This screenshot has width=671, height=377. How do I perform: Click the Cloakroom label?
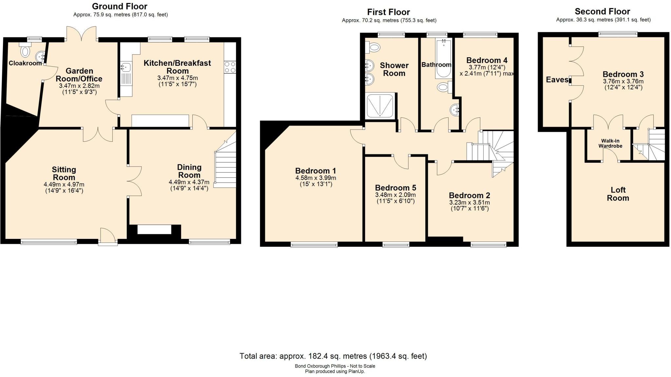[25, 63]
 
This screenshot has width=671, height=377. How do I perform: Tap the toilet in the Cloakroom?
[25, 50]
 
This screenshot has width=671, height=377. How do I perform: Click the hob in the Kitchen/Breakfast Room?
[230, 67]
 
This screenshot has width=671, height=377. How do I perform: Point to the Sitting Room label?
[64, 173]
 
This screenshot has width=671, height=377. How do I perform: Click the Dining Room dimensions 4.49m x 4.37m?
[189, 182]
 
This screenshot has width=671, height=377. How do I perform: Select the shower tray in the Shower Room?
[380, 105]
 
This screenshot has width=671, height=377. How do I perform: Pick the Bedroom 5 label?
[395, 188]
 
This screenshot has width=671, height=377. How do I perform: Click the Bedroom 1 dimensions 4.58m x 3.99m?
[316, 178]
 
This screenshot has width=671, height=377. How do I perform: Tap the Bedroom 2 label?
[470, 195]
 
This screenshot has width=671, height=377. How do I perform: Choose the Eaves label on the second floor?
[557, 80]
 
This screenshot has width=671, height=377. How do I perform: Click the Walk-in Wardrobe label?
[610, 143]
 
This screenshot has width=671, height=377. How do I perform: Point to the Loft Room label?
[618, 194]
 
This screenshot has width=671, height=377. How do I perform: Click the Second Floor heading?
[602, 11]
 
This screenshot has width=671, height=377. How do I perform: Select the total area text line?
[333, 356]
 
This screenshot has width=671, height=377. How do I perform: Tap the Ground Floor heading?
[120, 6]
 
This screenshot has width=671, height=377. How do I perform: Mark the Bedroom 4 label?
[487, 60]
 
